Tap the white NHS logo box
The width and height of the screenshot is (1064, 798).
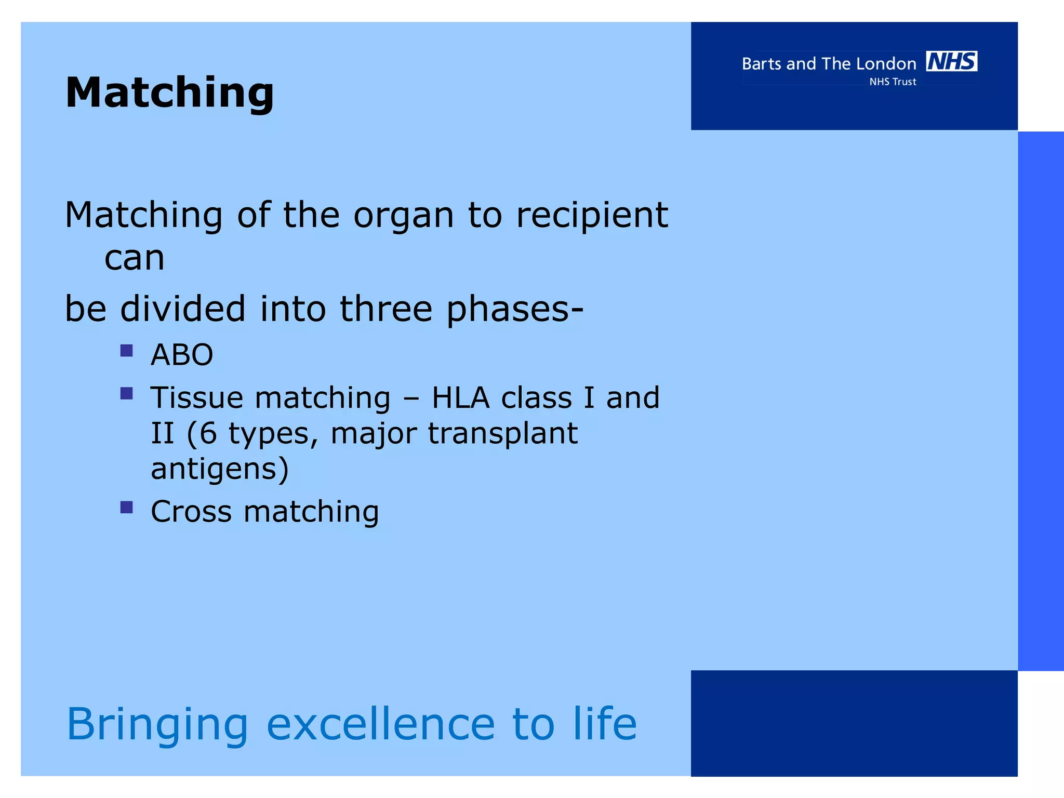tap(951, 61)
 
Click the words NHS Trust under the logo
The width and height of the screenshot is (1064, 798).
tap(893, 82)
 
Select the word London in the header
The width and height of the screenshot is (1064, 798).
tap(886, 64)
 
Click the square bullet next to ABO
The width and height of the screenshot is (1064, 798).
tap(126, 351)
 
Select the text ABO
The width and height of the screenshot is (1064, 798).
tap(182, 355)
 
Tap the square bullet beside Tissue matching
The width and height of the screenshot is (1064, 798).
tap(126, 393)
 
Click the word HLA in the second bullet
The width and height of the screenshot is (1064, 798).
tap(460, 398)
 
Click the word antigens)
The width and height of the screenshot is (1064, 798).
tap(219, 469)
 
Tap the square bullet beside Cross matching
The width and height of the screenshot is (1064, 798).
tap(126, 507)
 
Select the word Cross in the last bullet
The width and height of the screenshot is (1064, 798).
tap(191, 511)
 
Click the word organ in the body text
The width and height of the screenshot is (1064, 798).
tap(403, 216)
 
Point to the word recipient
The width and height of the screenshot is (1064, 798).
tap(592, 216)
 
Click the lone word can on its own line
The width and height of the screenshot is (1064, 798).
tap(134, 258)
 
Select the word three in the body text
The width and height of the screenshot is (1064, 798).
tap(385, 309)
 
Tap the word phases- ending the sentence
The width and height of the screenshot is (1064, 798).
tap(514, 310)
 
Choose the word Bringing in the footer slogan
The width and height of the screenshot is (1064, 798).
tap(157, 725)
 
